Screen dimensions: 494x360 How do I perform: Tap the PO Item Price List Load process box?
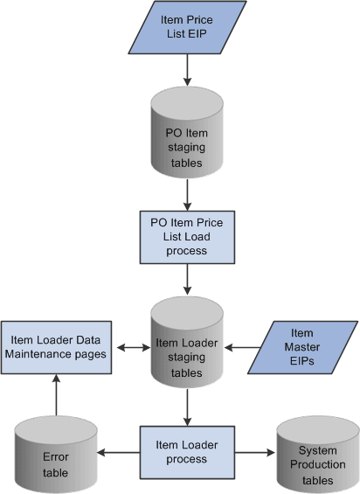tap(186, 236)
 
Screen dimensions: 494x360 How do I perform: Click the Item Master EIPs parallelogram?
tap(301, 345)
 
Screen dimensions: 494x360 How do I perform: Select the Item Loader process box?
tap(186, 452)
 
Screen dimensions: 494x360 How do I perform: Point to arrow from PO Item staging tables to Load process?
tap(186, 193)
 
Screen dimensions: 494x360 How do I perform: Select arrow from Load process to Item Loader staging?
tap(186, 279)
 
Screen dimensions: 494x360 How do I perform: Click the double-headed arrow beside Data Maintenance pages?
tap(131, 346)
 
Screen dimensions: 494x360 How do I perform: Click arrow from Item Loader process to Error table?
tap(117, 453)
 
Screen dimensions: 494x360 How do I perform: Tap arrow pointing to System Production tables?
tap(253, 453)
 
